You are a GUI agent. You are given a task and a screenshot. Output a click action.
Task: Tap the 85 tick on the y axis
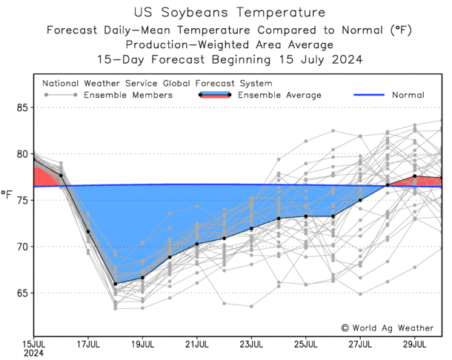22,107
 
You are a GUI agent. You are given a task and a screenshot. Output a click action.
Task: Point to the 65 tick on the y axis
22,293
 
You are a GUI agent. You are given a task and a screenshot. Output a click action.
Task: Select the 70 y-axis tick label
22,247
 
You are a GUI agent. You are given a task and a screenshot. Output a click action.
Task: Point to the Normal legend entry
409,95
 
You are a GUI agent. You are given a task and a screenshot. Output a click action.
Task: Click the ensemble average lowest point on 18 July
116,284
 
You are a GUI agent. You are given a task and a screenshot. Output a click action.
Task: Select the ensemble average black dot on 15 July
34,159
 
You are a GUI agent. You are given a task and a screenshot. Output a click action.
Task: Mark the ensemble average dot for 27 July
360,200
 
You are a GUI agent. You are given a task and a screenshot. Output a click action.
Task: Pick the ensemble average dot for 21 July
197,244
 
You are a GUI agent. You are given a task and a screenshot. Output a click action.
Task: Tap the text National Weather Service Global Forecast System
157,83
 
